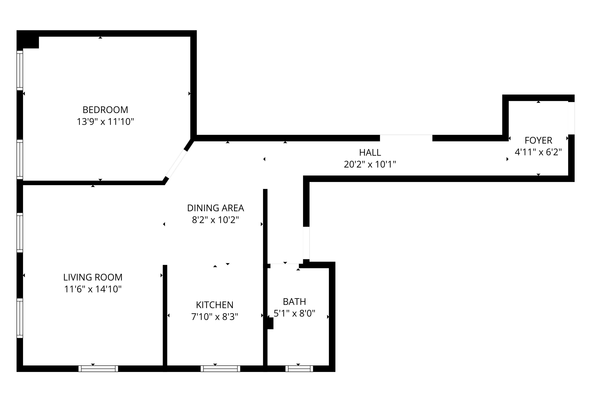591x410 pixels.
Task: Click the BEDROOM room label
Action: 105,110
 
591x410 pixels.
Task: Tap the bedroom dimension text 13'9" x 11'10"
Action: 105,122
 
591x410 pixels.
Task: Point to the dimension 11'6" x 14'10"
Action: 93,289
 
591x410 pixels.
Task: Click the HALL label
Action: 370,152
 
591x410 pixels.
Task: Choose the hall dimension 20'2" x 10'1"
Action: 370,164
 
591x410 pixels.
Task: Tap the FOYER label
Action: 538,141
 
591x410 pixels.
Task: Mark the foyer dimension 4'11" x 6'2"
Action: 538,152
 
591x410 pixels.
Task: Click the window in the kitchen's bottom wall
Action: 220,369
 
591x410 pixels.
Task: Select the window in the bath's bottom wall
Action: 299,369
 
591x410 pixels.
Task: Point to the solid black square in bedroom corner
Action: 28,39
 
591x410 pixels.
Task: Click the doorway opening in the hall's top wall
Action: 406,138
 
